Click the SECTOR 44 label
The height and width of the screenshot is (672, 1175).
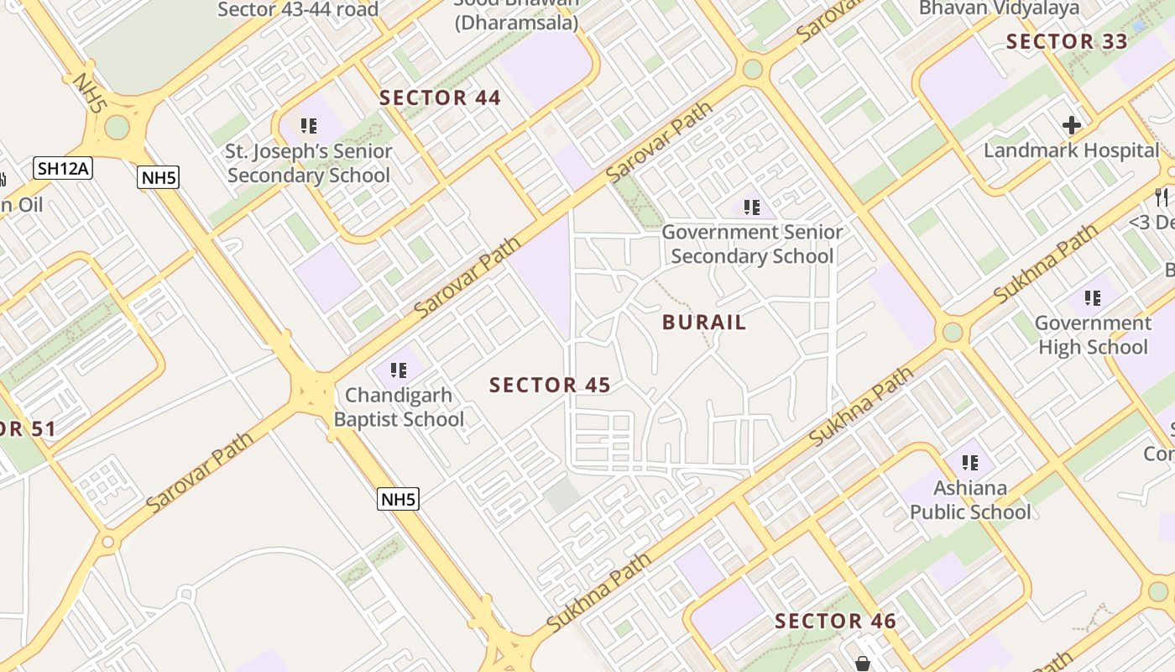click(440, 98)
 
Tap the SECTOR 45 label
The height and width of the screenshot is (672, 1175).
click(550, 386)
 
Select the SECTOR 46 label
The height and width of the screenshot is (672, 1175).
click(835, 622)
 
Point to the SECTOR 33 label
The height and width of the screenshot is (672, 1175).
click(1066, 41)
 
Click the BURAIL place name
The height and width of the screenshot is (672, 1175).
click(704, 323)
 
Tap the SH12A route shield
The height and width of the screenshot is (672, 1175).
click(63, 168)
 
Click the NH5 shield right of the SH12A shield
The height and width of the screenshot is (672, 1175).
click(158, 176)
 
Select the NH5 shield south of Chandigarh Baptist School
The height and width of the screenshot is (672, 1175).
click(398, 499)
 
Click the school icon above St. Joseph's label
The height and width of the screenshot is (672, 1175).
click(309, 126)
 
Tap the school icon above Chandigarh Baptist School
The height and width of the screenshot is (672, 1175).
click(399, 370)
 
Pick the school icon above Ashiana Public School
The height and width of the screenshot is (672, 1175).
click(970, 462)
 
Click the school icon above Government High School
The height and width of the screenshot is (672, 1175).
click(1092, 297)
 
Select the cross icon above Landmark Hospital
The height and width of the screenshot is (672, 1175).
click(1072, 126)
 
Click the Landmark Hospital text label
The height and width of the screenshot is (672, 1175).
click(1072, 151)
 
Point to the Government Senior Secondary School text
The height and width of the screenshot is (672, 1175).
click(752, 244)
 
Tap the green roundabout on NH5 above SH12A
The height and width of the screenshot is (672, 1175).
click(117, 128)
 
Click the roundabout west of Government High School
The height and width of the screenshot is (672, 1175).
click(953, 332)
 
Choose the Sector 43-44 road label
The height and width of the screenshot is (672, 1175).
click(298, 10)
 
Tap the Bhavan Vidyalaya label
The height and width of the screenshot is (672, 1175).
click(999, 8)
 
